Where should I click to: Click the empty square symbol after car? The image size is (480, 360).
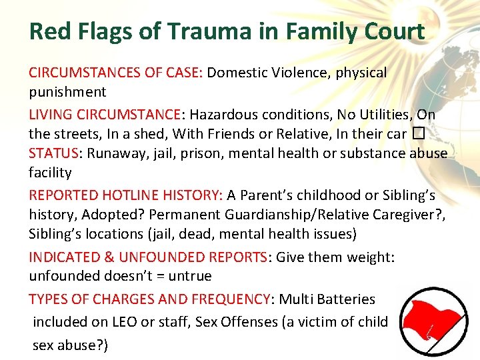point(417,133)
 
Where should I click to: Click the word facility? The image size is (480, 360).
point(50,173)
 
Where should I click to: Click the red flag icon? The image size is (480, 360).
point(429,323)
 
